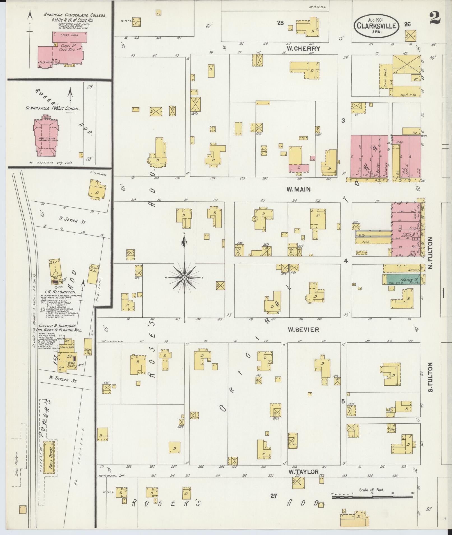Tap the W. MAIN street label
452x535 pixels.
tap(298, 189)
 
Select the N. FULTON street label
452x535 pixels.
tap(431, 253)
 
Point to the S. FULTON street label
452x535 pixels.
tap(431, 377)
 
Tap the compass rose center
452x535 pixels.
tap(184, 277)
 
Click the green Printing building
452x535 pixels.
tap(404, 279)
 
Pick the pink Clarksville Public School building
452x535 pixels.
tap(46, 137)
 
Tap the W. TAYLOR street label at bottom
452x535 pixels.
tap(303, 472)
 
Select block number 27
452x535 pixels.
tap(273, 496)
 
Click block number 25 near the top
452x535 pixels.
tap(280, 23)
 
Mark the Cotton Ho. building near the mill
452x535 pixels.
tap(88, 348)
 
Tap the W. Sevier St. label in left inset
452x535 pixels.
tap(72, 220)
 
